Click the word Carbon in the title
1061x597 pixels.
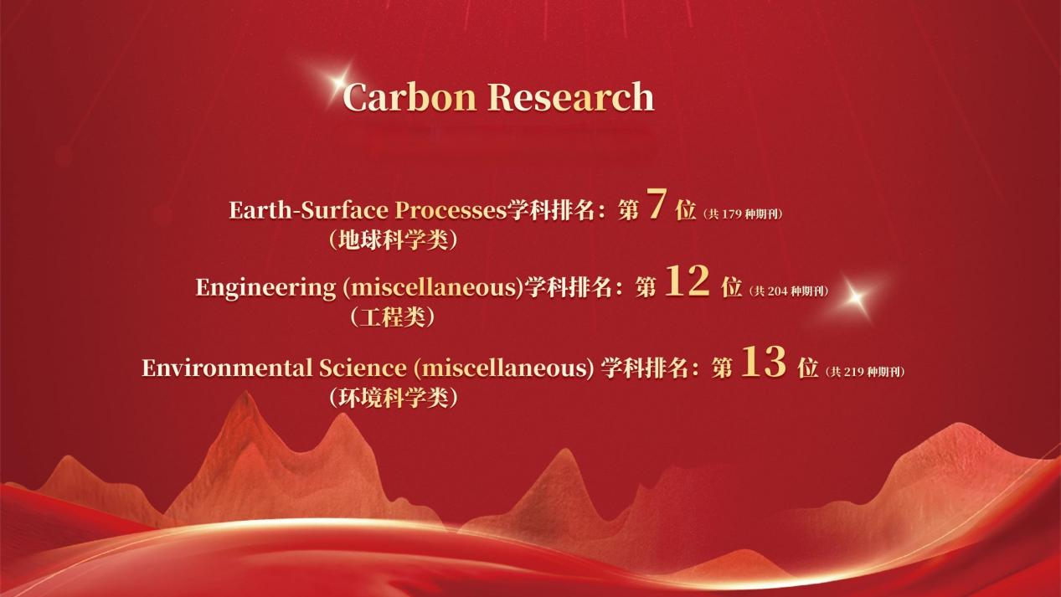point(409,96)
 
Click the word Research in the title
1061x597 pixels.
point(571,96)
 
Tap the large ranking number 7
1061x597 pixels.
point(657,203)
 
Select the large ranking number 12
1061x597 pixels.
point(688,280)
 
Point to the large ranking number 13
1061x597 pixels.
point(764,362)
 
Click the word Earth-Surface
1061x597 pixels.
point(309,209)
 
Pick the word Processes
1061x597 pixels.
point(451,209)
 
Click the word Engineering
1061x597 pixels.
point(265,287)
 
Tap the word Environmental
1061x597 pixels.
point(228,368)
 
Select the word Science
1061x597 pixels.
point(363,368)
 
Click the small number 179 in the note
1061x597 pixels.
point(731,214)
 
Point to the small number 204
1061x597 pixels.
point(777,291)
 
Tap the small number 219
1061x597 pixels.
point(853,372)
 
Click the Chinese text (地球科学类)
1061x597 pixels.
point(394,240)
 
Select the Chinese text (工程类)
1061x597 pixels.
point(393,317)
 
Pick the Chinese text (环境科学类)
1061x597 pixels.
point(394,397)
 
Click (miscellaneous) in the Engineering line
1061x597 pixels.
point(433,287)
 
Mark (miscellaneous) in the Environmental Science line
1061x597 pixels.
point(503,368)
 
